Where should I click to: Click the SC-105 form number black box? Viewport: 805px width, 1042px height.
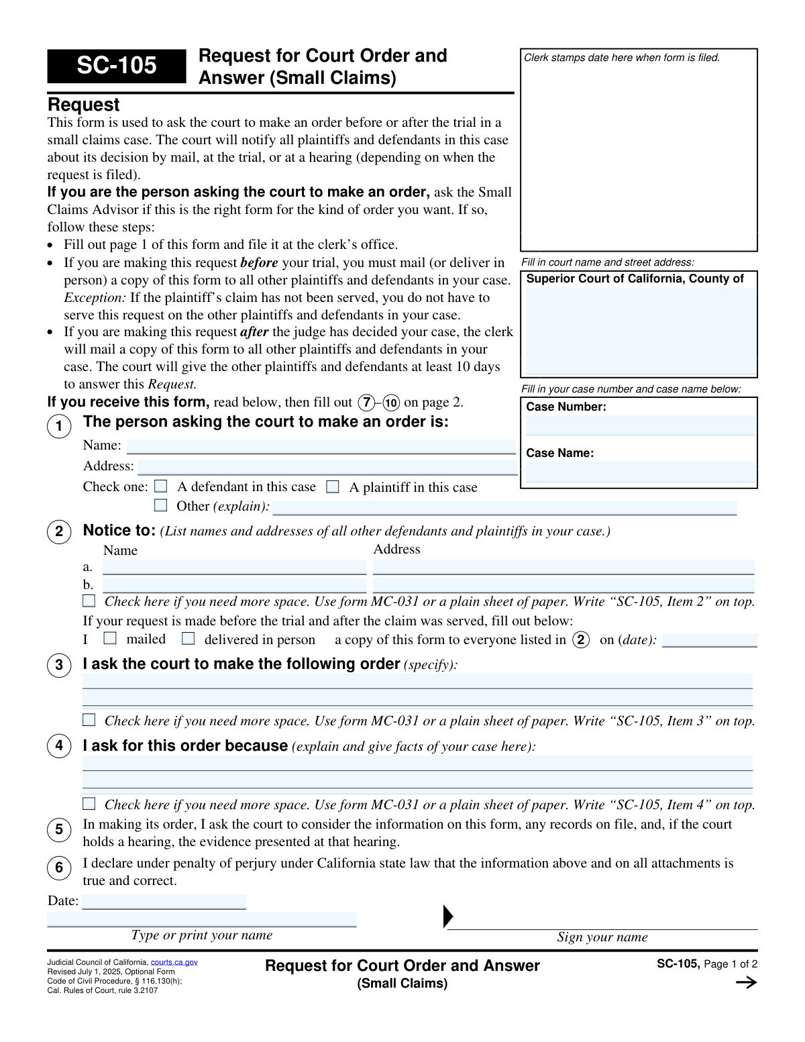tap(116, 66)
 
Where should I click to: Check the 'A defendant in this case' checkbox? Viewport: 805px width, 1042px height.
tap(161, 486)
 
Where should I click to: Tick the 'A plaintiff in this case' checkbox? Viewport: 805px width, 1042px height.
tap(333, 487)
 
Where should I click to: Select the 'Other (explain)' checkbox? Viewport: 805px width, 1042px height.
tap(161, 505)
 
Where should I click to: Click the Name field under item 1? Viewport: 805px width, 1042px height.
tap(321, 446)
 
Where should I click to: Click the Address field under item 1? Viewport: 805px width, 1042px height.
tap(327, 467)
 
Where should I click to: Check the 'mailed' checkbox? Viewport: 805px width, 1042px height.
tap(110, 639)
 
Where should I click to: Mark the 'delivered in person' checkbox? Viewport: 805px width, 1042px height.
tap(189, 639)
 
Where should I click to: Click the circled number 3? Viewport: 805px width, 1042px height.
tap(59, 665)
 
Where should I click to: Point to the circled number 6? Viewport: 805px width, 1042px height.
tap(59, 868)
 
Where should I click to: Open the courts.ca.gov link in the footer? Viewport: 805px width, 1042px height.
tap(174, 962)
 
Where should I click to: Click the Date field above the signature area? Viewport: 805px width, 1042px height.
tap(164, 901)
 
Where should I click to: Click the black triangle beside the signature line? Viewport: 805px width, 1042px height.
tap(448, 917)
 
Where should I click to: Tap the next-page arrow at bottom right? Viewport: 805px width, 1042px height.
tap(746, 982)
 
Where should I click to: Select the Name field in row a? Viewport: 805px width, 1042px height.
tap(234, 568)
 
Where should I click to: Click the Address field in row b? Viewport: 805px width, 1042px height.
tap(563, 585)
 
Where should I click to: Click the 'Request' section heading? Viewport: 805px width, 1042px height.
tap(83, 105)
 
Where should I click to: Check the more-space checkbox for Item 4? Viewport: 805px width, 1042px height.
tap(89, 803)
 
